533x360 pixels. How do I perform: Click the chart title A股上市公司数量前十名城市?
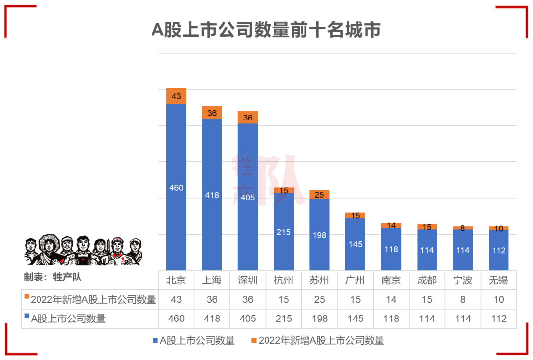(266, 30)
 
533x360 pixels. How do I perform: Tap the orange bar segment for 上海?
(212, 113)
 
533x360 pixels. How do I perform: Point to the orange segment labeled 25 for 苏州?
(319, 195)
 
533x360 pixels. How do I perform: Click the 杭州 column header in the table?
(283, 281)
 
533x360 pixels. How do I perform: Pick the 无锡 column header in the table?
(498, 281)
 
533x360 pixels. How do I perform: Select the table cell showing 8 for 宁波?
(462, 300)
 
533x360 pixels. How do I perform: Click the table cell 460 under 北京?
(176, 319)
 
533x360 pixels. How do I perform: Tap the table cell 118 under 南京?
(391, 319)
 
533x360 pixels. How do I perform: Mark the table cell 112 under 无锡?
(498, 319)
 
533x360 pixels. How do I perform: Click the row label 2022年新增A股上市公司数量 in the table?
(93, 300)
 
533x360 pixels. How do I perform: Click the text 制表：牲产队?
(53, 277)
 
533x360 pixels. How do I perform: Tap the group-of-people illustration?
(83, 250)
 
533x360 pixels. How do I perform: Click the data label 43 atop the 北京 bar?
(176, 96)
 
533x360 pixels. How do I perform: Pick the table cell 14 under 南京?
(391, 300)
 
